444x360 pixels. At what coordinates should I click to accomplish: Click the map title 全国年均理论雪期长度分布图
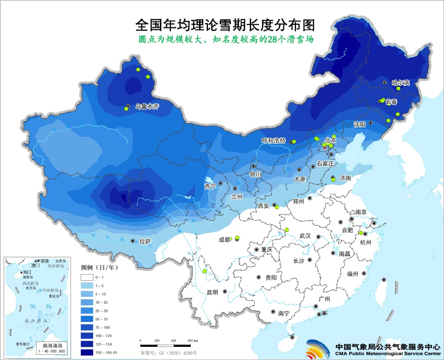pyautogui.click(x=225, y=25)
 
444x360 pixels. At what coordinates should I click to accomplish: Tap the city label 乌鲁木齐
pyautogui.click(x=145, y=106)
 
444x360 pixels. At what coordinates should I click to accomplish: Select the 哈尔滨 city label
pyautogui.click(x=400, y=83)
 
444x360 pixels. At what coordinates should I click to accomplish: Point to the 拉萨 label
pyautogui.click(x=145, y=242)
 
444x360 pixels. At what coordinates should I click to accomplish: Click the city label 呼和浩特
pyautogui.click(x=273, y=141)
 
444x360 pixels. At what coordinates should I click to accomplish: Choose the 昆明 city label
pyautogui.click(x=213, y=292)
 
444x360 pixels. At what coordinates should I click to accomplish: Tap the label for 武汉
pyautogui.click(x=305, y=236)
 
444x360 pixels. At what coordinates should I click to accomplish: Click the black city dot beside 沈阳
pyautogui.click(x=370, y=122)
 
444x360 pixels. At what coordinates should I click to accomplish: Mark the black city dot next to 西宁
pyautogui.click(x=221, y=183)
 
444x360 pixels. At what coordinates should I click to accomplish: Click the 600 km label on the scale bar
pyautogui.click(x=192, y=341)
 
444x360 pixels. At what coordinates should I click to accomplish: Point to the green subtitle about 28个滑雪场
pyautogui.click(x=226, y=40)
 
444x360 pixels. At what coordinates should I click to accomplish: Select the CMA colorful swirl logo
pyautogui.click(x=318, y=350)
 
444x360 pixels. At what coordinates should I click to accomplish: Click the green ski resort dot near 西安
pyautogui.click(x=277, y=208)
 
